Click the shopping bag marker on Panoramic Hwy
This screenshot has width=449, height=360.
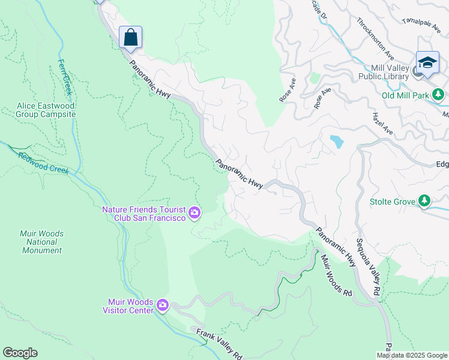point(130,38)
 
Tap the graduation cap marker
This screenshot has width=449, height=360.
point(427,63)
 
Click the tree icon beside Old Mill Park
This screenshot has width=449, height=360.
point(439,94)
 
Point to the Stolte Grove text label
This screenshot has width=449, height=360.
point(393,202)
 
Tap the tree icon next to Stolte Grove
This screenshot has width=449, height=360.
point(424,200)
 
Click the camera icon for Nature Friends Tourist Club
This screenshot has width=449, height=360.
point(194,212)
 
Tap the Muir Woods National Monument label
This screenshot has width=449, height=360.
point(42,242)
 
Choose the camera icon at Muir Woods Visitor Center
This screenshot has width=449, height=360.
point(163,306)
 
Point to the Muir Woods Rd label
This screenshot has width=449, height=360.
point(336,275)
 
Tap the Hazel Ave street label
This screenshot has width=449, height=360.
point(382,123)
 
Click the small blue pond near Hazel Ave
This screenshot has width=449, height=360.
point(337,142)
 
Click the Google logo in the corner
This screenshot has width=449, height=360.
point(20,353)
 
